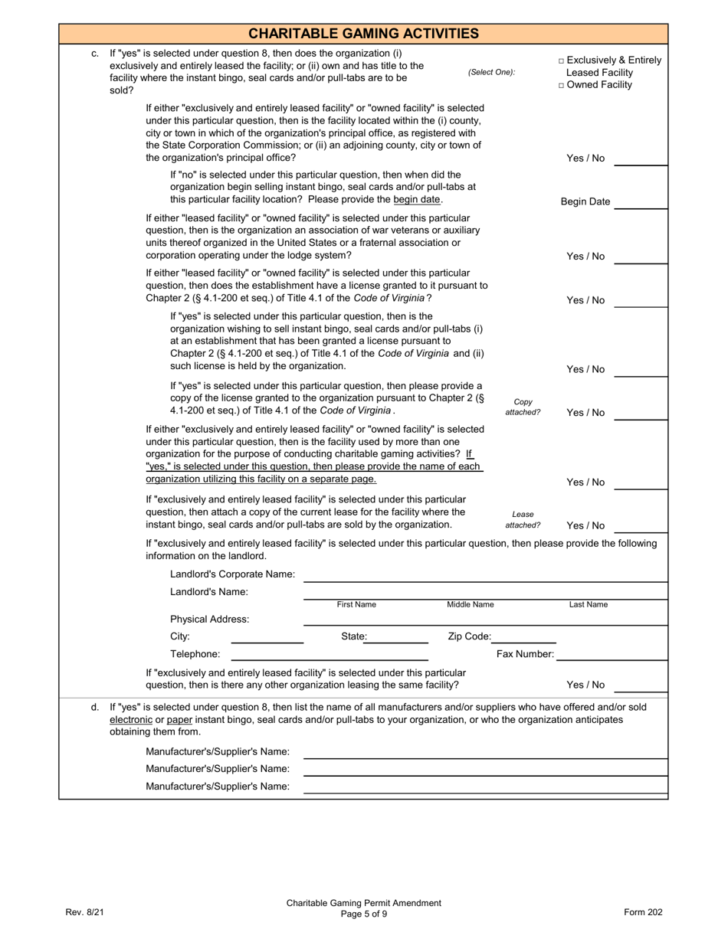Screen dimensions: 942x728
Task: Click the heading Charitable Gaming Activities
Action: coord(364,34)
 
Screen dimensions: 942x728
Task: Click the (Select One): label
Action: coord(491,73)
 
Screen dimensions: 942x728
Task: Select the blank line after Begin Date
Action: coord(641,201)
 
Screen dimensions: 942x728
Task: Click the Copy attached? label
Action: coord(523,407)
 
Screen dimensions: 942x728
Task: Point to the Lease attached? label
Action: coord(523,520)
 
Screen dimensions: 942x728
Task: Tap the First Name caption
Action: coord(356,605)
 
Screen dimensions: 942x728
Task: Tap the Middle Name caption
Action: coord(471,605)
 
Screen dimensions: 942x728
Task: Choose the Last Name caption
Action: coord(588,605)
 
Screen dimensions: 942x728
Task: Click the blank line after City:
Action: coord(267,636)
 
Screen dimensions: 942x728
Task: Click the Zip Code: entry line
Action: coord(524,636)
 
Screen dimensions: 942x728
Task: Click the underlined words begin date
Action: coord(418,199)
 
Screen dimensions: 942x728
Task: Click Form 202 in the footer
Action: coord(643,912)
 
